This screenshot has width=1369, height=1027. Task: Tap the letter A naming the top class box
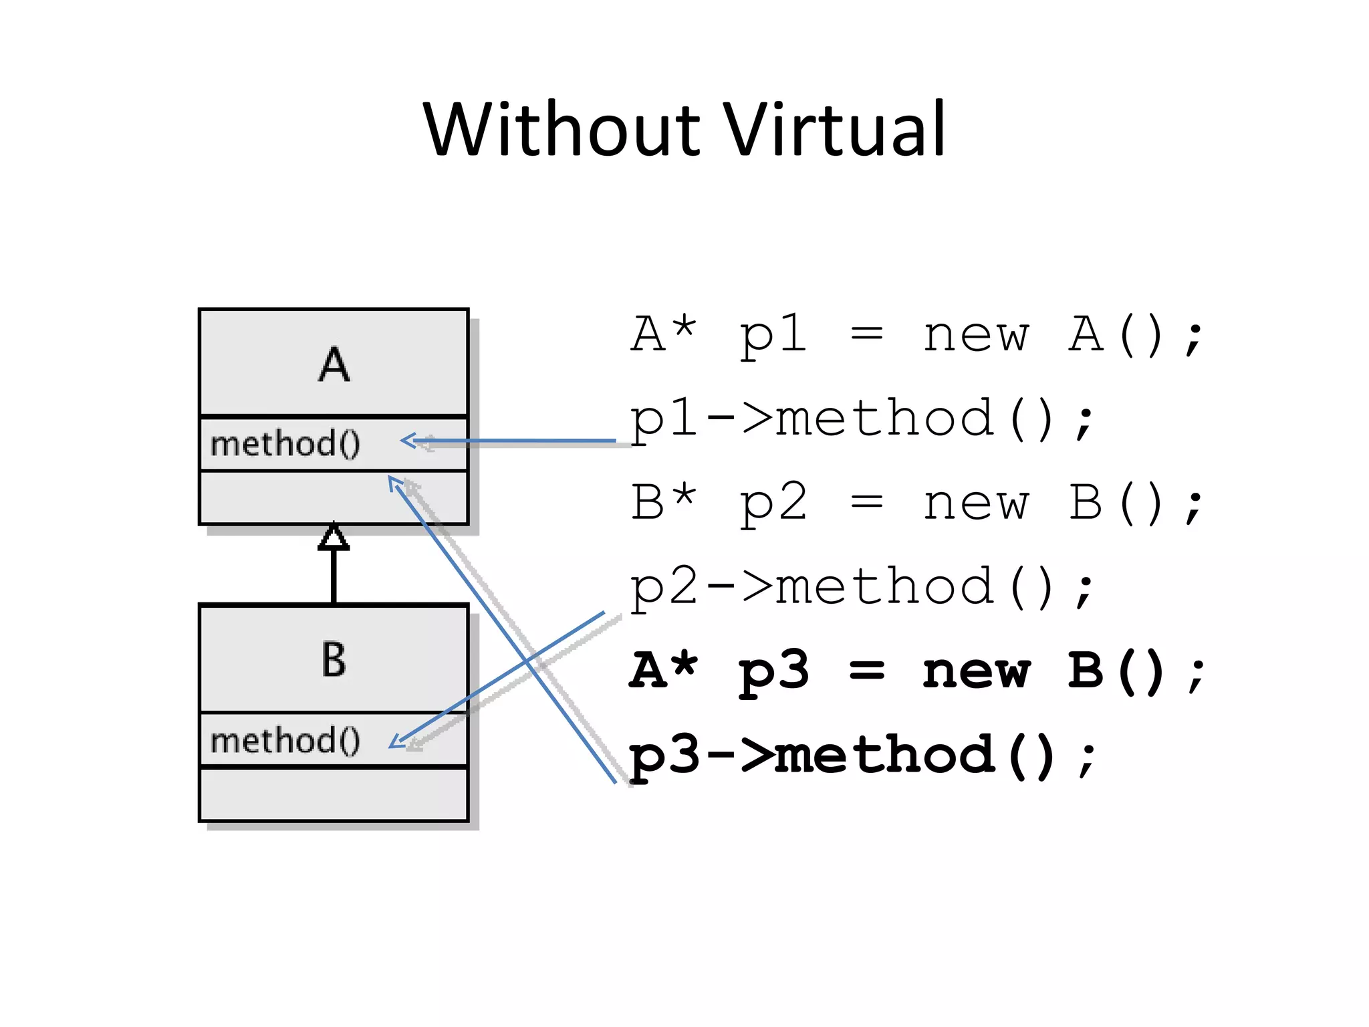tap(334, 365)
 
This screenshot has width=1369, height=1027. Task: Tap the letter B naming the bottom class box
tap(334, 659)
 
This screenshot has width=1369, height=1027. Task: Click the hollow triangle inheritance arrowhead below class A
tap(334, 536)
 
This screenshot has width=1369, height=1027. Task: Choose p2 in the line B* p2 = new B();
tap(773, 503)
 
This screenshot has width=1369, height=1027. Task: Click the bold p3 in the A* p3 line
tap(773, 672)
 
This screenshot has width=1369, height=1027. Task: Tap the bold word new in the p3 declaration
tap(976, 672)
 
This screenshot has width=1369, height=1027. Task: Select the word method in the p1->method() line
tap(884, 419)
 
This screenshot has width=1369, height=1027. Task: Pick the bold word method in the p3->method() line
tap(884, 756)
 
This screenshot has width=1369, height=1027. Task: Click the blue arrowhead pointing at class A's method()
tap(408, 441)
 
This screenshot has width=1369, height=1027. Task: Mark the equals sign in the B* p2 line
tap(866, 503)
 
